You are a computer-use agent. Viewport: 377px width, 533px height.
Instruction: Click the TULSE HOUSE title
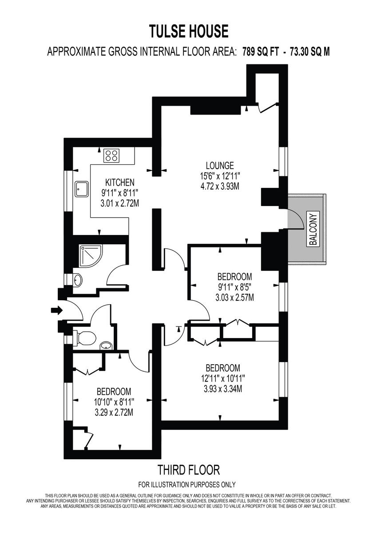[188, 32]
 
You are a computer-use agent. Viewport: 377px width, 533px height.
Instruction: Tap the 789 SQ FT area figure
[262, 52]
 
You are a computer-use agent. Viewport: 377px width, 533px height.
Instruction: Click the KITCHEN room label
[119, 183]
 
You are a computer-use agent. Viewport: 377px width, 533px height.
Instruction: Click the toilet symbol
[85, 338]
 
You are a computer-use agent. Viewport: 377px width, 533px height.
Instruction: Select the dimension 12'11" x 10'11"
[223, 379]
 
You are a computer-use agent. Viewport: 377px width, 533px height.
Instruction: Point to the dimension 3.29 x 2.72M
[114, 412]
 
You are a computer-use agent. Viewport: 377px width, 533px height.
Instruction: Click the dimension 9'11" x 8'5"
[234, 287]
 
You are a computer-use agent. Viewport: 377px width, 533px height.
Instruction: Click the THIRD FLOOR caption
[188, 469]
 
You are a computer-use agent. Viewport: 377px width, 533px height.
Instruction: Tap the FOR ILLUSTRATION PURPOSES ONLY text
[187, 485]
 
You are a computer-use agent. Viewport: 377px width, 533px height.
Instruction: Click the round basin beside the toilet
[106, 345]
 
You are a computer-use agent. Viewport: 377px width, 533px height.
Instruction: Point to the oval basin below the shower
[78, 280]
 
